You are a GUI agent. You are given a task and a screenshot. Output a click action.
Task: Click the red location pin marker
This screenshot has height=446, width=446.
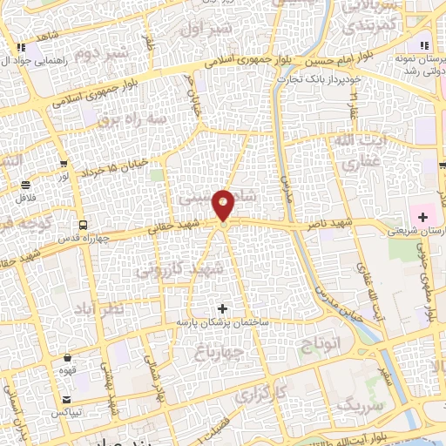(225, 206)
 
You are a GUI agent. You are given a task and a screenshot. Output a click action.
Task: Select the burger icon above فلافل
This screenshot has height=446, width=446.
(25, 185)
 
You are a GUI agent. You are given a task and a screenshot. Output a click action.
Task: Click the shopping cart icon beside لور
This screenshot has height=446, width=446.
(64, 163)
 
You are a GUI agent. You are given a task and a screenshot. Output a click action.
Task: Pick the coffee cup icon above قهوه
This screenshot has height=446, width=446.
(68, 357)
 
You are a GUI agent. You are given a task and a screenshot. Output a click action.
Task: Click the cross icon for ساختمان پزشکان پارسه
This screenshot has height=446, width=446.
(223, 308)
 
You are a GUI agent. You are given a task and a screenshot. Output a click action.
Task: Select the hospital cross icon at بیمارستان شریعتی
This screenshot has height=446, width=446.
(422, 215)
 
